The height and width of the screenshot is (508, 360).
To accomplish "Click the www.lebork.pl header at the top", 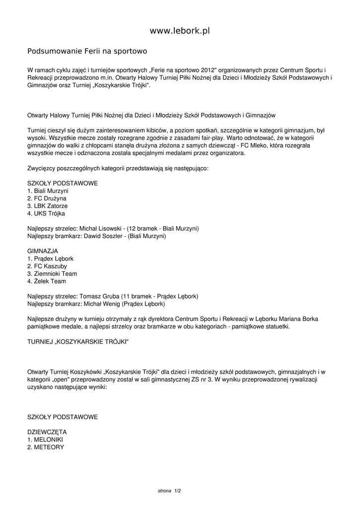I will coord(180,31).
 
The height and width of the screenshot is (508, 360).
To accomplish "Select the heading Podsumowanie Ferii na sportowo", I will coord(87,51).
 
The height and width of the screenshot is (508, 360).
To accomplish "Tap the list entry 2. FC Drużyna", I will coord(47,198).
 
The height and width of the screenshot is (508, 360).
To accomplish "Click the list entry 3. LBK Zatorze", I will coord(48,206).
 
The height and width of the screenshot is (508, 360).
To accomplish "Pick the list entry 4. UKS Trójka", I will coord(46,213).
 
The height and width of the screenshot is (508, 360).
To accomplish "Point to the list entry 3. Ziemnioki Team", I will coord(52,274).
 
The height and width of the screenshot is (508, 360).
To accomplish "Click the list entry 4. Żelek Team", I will coord(47,281).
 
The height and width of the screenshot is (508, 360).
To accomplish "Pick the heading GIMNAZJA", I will coord(43,251).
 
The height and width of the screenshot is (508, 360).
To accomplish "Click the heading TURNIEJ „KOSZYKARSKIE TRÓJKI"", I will coord(78,342).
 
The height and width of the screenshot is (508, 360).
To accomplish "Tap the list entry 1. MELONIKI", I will coord(45,440).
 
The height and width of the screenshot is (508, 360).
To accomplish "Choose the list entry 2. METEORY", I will coord(46,447).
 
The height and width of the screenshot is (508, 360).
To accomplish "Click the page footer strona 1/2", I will coord(169,491).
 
